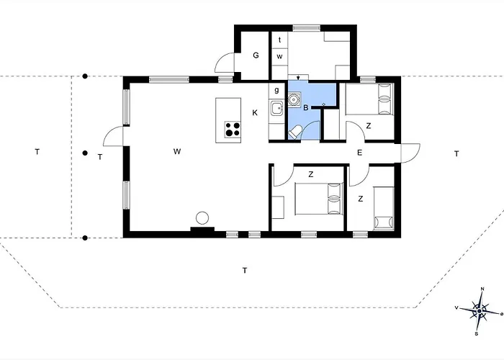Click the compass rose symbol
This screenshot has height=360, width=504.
coord(480,311)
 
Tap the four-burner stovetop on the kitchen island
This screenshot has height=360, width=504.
coord(233,129)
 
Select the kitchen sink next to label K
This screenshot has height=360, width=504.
coord(276,108)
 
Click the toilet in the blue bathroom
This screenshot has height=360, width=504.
coord(294,132)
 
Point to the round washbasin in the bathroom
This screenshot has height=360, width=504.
coord(294,99)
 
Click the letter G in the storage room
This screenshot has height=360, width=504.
coord(256,55)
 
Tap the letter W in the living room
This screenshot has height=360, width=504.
coord(177,151)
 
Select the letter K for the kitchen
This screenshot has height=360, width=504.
coord(255,113)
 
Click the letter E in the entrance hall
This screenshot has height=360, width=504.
coord(360,153)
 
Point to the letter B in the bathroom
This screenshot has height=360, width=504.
coord(306,108)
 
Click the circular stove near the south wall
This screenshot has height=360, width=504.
coord(202,218)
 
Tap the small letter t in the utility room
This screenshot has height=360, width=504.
coord(279,40)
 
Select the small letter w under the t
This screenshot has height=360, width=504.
coord(279,57)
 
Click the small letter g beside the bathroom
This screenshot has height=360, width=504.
coord(276,90)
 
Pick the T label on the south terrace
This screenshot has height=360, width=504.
coord(245,270)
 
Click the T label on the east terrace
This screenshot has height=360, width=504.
coord(456,154)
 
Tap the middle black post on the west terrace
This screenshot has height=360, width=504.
coord(85,153)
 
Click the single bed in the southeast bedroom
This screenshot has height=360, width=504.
coord(384,209)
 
